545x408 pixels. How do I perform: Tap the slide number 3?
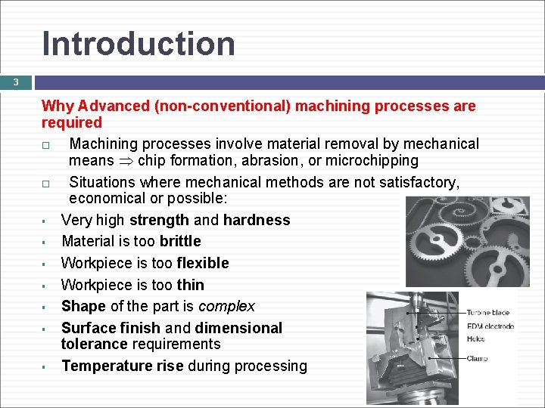pyautogui.click(x=14, y=82)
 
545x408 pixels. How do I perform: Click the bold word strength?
pyautogui.click(x=160, y=220)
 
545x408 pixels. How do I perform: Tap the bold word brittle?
pyautogui.click(x=180, y=241)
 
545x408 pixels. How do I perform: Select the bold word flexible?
pyautogui.click(x=202, y=263)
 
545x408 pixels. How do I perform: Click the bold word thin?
pyautogui.click(x=190, y=285)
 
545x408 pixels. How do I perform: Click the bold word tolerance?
pyautogui.click(x=94, y=344)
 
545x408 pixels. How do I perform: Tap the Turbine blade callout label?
pyautogui.click(x=487, y=313)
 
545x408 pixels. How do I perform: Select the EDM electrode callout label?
pyautogui.click(x=490, y=326)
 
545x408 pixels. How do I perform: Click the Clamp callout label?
pyautogui.click(x=478, y=358)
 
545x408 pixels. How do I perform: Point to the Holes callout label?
pyautogui.click(x=476, y=339)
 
